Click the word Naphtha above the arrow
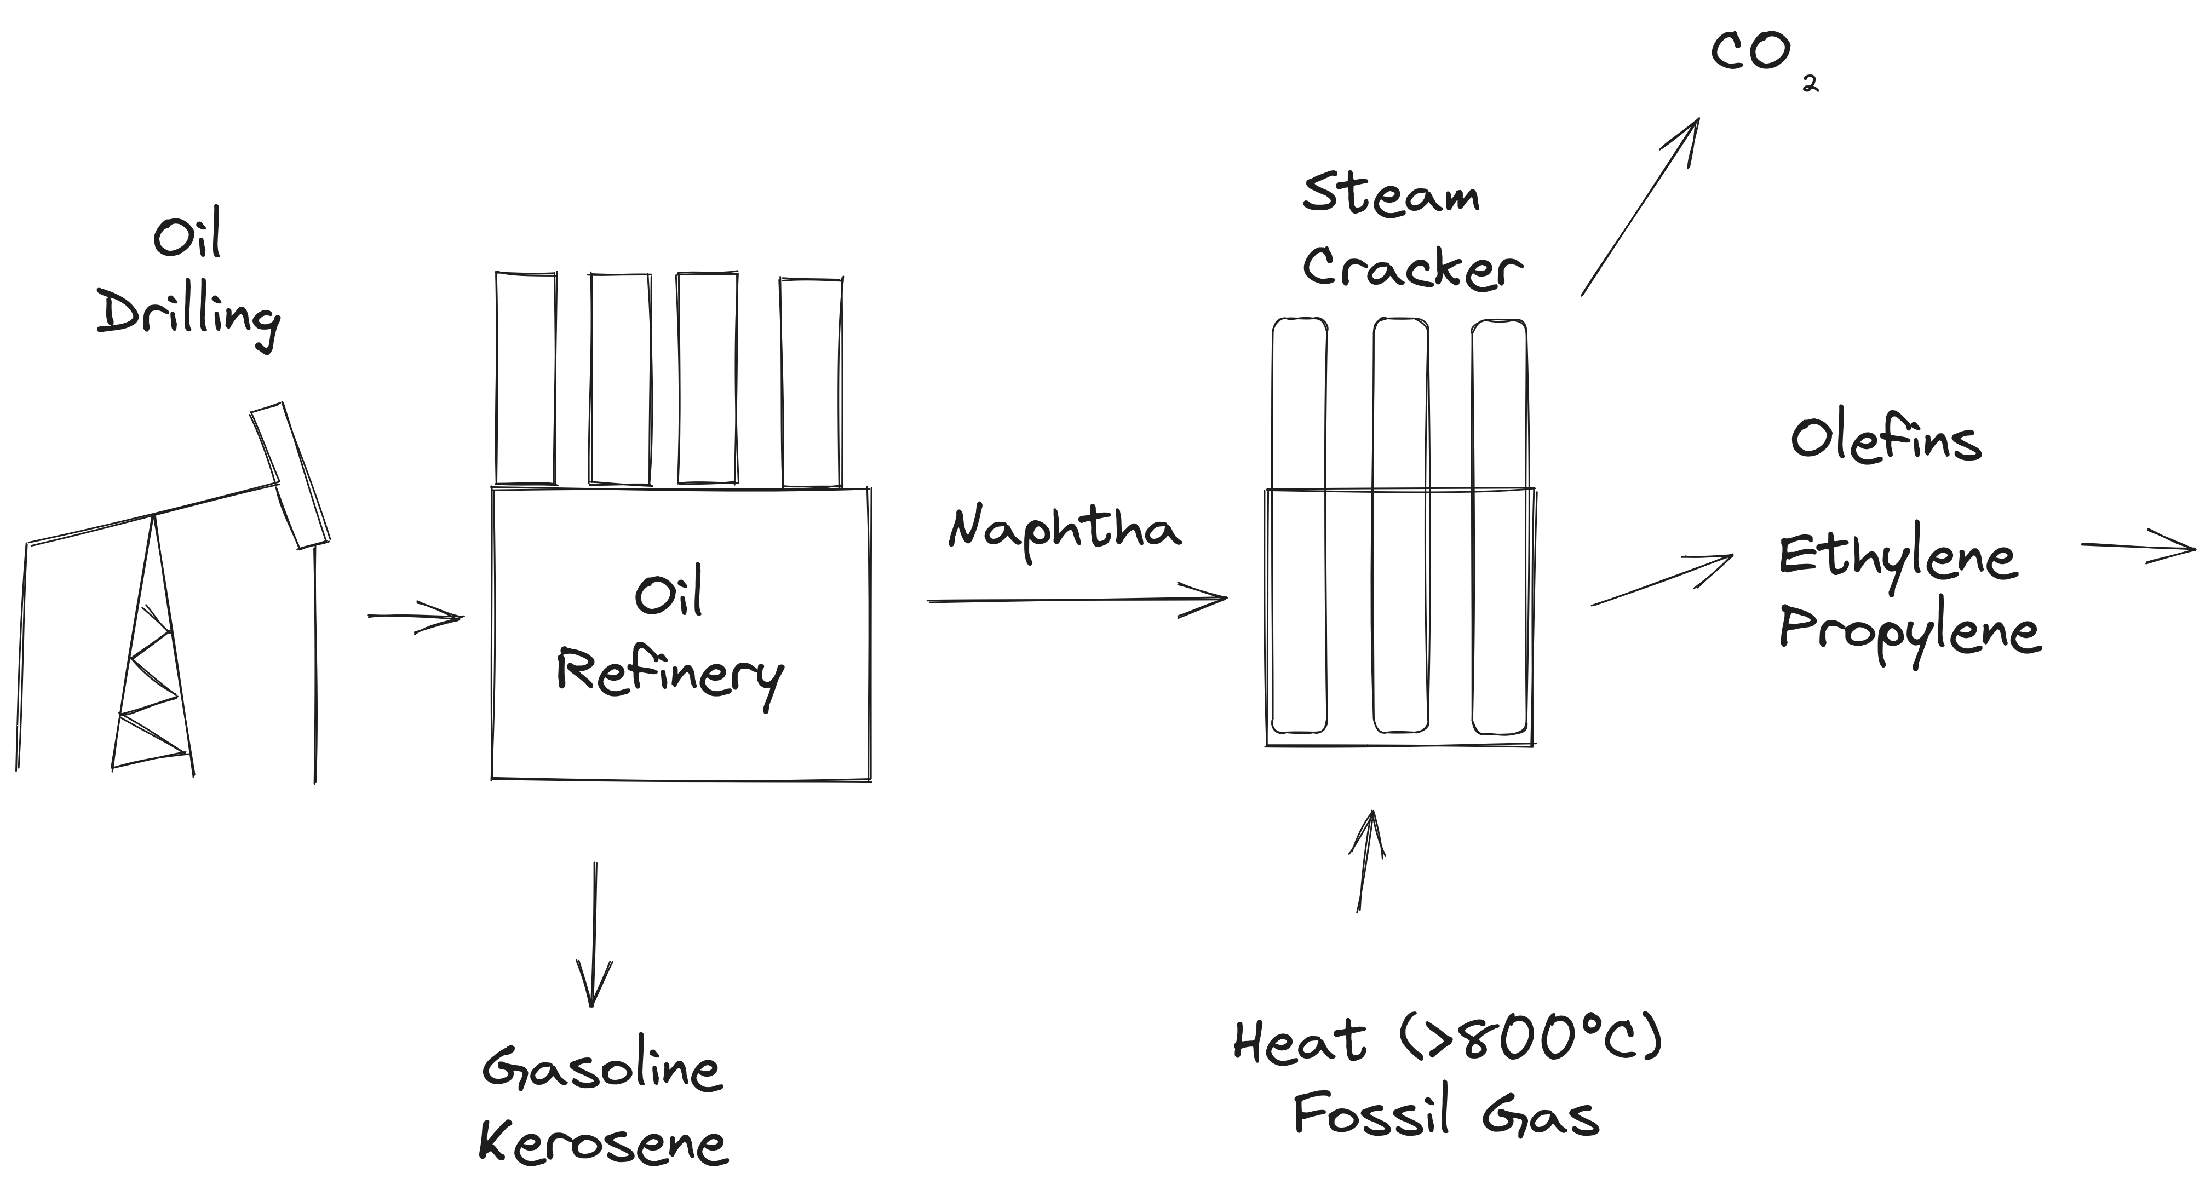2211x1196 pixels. (x=1064, y=530)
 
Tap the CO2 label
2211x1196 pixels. (x=1760, y=56)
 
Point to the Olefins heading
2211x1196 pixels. (x=1886, y=441)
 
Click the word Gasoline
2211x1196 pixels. (x=602, y=1069)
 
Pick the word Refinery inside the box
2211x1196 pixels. (x=669, y=674)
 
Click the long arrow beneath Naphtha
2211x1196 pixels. (x=1077, y=600)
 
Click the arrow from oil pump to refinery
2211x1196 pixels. (x=416, y=616)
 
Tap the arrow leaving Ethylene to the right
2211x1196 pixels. (x=2137, y=547)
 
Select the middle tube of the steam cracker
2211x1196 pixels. (x=1401, y=525)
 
